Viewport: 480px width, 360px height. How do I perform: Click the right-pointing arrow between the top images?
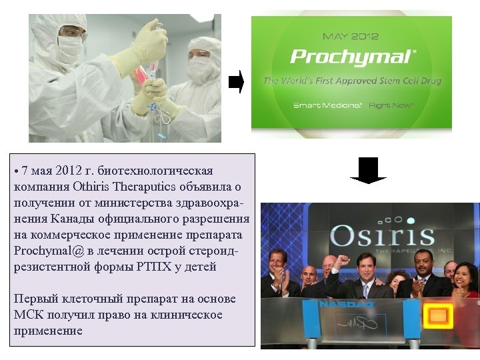pos(236,82)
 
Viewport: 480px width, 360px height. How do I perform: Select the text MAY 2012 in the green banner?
pos(351,36)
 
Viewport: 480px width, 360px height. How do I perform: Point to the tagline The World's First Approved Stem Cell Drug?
pos(352,81)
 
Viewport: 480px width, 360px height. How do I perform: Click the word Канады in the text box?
pos(71,219)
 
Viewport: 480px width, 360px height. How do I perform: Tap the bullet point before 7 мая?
pos(16,172)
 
